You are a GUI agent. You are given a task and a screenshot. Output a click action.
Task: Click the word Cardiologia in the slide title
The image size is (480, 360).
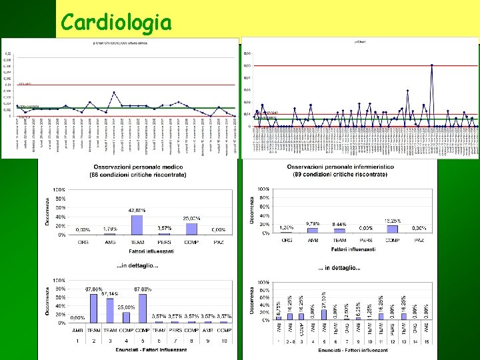[115, 23]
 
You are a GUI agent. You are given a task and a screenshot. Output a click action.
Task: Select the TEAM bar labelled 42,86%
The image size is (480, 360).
[137, 225]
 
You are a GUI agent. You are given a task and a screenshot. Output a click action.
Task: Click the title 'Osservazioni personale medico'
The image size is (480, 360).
[138, 167]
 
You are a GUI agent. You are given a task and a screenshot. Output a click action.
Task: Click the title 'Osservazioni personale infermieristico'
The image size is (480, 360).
[340, 167]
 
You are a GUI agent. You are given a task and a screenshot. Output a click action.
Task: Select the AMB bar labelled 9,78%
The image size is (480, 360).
[312, 229]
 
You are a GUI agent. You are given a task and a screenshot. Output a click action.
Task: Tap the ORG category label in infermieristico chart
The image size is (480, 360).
[287, 239]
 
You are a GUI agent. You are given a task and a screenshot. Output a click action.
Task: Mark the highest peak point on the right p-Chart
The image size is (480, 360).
[432, 65]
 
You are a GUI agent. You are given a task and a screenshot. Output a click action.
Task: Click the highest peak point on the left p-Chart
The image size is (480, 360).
[115, 92]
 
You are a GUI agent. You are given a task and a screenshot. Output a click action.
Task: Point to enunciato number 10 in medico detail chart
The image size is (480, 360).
[225, 340]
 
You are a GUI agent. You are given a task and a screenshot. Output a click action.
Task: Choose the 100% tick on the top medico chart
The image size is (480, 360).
[59, 190]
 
